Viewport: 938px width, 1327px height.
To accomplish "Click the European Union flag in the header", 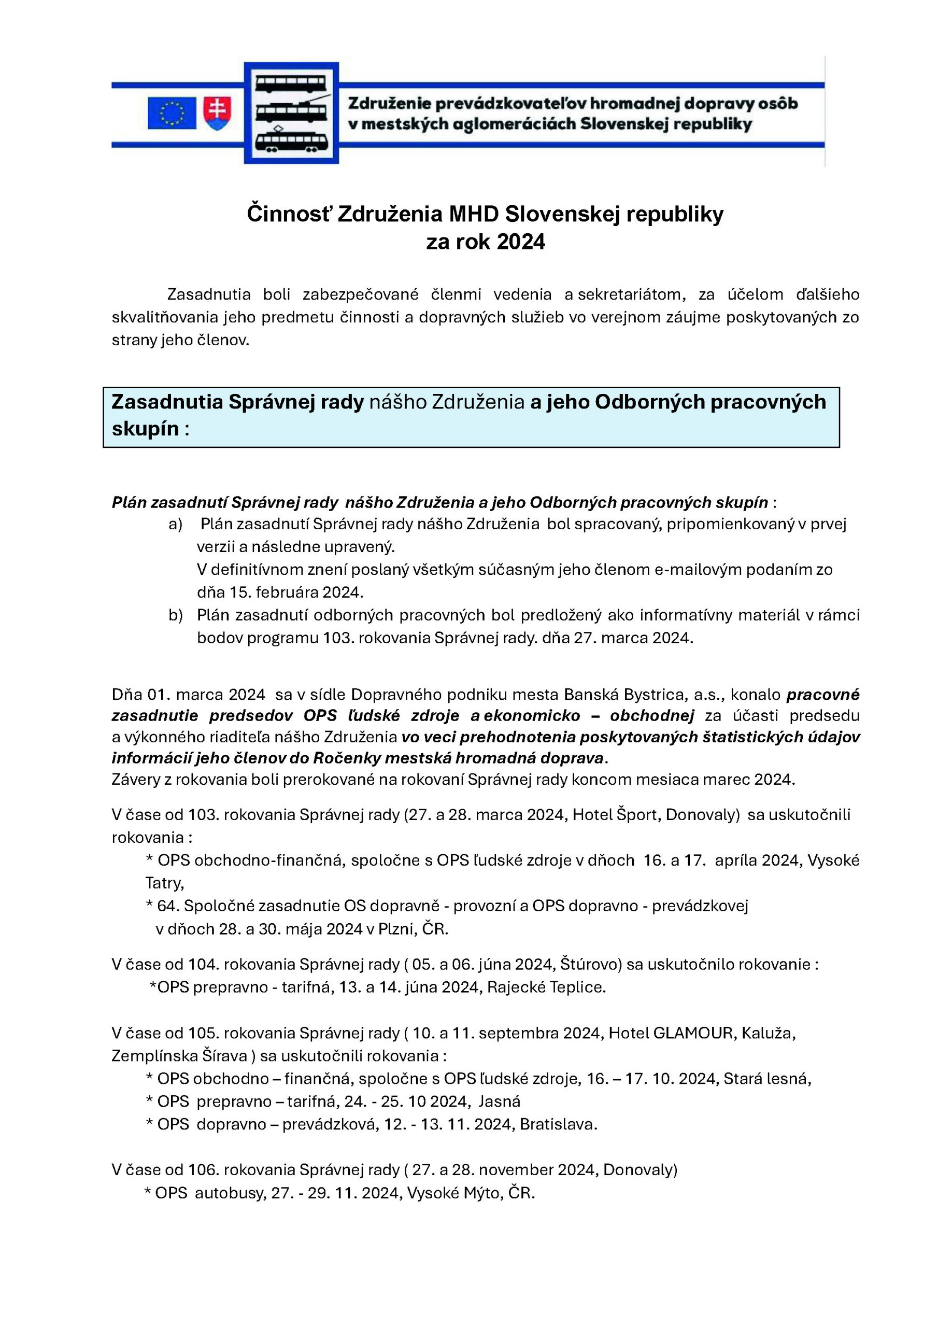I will [172, 112].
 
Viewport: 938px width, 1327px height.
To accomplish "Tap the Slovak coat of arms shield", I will [218, 112].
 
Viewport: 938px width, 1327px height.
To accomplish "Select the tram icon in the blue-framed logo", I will [291, 141].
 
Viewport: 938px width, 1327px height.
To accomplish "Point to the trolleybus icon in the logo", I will [291, 110].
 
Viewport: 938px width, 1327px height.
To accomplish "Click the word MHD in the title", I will [473, 215].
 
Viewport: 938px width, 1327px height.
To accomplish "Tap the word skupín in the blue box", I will [145, 429].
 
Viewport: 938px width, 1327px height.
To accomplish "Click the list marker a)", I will [176, 524].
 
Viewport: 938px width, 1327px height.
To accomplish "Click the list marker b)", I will [176, 615].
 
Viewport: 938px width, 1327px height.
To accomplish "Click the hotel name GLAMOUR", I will [692, 1033].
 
